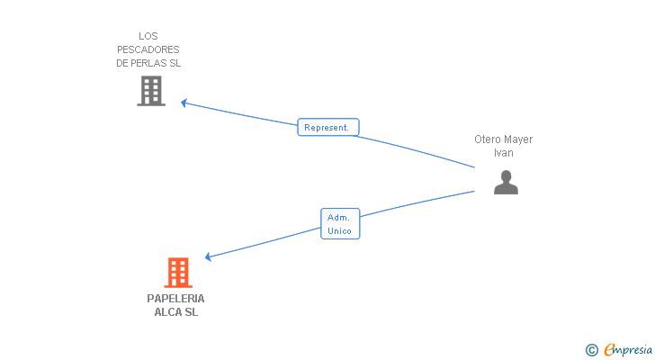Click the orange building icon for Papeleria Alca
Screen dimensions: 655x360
178,273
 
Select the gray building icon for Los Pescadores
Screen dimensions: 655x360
151,91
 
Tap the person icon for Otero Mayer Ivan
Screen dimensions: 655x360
506,182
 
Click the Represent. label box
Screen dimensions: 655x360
328,128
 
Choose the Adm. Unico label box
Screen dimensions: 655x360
340,224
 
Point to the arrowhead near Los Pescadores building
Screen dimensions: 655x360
184,103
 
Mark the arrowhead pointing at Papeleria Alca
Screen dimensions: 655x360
208,256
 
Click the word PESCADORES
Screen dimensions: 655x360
148,49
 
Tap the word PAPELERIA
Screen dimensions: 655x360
175,299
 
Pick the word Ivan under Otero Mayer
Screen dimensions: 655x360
504,153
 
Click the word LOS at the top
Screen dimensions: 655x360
148,36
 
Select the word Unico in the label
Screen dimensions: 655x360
339,231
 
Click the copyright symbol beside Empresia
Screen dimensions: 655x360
591,350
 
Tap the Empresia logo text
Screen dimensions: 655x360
628,350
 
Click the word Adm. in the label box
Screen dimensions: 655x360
338,218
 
